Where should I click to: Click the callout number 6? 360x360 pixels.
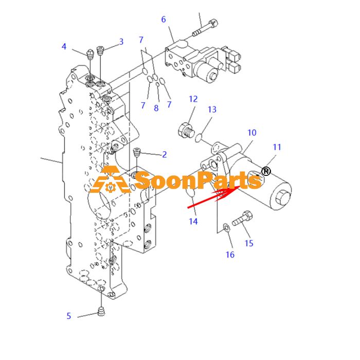(164, 20)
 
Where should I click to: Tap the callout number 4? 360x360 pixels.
(64, 47)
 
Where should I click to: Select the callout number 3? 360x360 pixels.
(121, 42)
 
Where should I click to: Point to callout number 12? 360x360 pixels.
(193, 99)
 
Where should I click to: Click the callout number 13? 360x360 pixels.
(212, 110)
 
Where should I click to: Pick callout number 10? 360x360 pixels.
(252, 133)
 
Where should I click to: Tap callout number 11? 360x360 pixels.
(277, 147)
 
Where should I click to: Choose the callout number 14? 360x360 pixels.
(193, 221)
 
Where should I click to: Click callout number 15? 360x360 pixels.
(249, 243)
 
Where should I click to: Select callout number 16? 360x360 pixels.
(230, 255)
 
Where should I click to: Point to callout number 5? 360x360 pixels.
(68, 316)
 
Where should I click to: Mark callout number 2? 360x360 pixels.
(165, 154)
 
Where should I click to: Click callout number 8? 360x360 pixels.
(156, 108)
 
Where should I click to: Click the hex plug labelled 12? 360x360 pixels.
(186, 131)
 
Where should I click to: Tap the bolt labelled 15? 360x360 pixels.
(242, 218)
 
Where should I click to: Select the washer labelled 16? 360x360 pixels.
(227, 228)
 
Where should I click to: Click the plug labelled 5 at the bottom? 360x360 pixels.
(101, 311)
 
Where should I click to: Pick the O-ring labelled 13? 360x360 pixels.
(199, 138)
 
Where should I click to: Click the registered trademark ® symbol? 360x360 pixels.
(266, 171)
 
